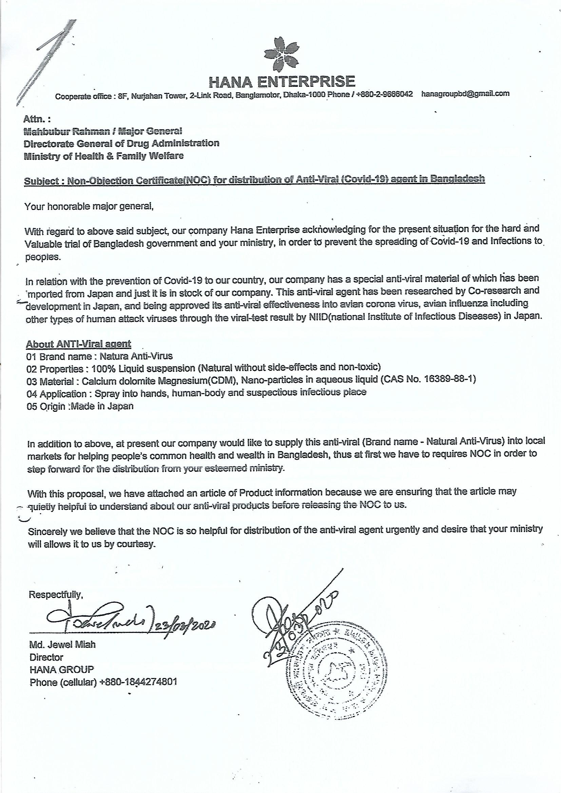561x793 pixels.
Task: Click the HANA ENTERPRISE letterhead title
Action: pos(282,81)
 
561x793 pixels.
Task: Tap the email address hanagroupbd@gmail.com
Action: pos(465,94)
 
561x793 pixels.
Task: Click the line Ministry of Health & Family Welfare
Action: pos(104,156)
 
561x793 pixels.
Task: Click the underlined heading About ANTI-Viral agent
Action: pos(78,344)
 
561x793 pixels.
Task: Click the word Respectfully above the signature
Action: pos(56,595)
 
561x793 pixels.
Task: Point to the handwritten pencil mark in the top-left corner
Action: pos(49,55)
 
